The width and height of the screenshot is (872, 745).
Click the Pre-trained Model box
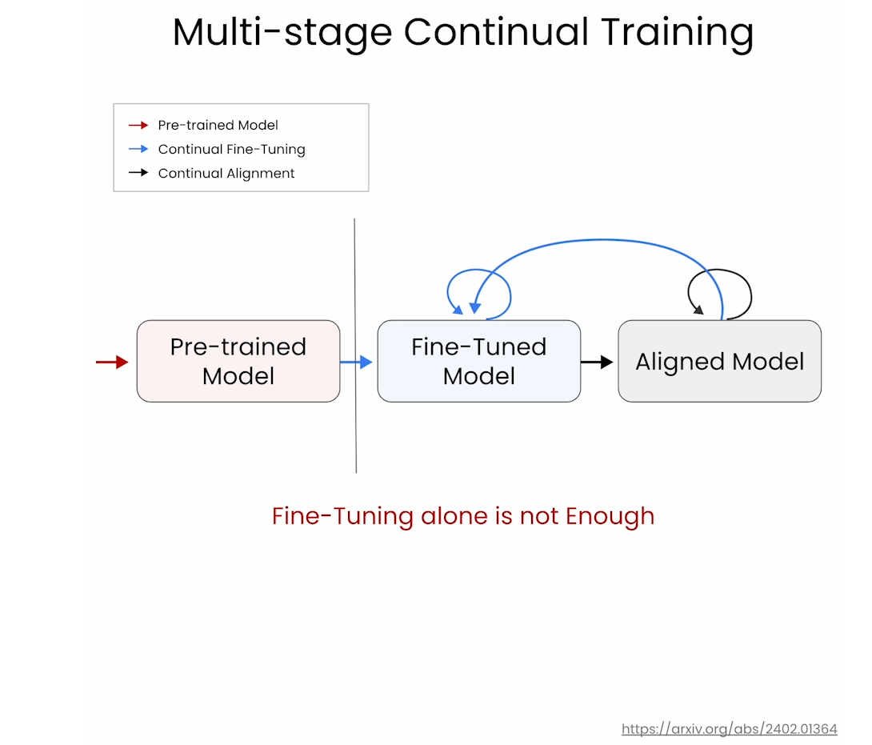[238, 361]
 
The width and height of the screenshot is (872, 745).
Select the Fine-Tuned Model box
[479, 361]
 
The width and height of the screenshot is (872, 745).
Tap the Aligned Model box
[720, 361]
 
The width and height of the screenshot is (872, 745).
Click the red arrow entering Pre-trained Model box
[112, 362]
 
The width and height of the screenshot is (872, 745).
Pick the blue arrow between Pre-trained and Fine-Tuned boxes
[356, 362]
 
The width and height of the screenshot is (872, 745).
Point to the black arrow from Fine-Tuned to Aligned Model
[597, 362]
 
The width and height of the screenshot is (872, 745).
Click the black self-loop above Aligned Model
[720, 270]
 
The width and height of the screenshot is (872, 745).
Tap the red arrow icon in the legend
[138, 125]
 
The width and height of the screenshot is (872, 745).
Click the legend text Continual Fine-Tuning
[231, 149]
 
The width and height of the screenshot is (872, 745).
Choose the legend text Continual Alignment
[226, 173]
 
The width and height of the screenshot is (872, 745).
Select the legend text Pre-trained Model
[218, 125]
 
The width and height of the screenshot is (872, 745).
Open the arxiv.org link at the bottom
[729, 729]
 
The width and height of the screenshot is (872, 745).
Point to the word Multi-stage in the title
[282, 32]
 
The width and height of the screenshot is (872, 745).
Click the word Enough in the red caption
[610, 516]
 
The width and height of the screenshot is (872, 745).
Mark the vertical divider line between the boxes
[355, 346]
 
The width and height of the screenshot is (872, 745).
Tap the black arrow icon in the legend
[138, 173]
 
